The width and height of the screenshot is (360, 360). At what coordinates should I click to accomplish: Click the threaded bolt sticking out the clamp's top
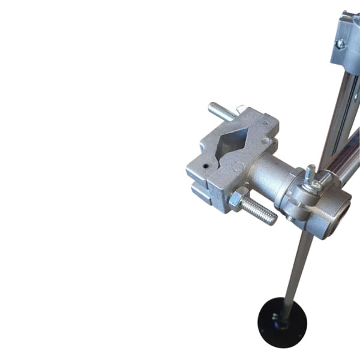221,112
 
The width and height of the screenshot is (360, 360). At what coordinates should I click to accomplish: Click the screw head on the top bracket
340,44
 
